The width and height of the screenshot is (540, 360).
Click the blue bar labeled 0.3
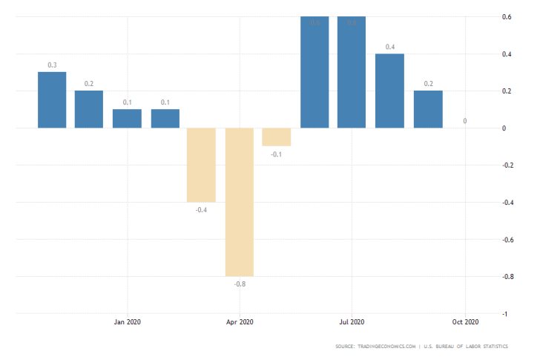[52, 99]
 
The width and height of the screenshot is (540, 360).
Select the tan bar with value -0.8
[240, 202]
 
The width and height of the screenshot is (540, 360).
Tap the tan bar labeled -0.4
[201, 165]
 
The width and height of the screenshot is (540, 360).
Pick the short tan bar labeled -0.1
[277, 137]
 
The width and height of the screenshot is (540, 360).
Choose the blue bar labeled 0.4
[389, 91]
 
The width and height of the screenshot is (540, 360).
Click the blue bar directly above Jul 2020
[352, 72]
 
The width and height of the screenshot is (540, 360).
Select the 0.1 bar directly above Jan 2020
[127, 119]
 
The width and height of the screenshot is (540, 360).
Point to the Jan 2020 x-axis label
[127, 321]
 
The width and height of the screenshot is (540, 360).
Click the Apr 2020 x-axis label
[240, 321]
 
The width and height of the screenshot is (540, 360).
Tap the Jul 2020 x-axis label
[352, 321]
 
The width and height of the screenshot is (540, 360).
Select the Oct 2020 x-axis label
[465, 321]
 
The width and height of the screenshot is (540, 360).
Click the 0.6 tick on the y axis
[507, 17]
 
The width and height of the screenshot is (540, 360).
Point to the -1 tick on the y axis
[506, 314]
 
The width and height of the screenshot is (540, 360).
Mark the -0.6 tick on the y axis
[506, 240]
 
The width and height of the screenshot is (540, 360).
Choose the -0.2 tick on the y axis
[506, 166]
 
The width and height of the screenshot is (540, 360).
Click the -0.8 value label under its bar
[239, 284]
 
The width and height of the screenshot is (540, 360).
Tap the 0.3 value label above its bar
[52, 65]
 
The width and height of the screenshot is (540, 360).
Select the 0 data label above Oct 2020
[465, 121]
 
